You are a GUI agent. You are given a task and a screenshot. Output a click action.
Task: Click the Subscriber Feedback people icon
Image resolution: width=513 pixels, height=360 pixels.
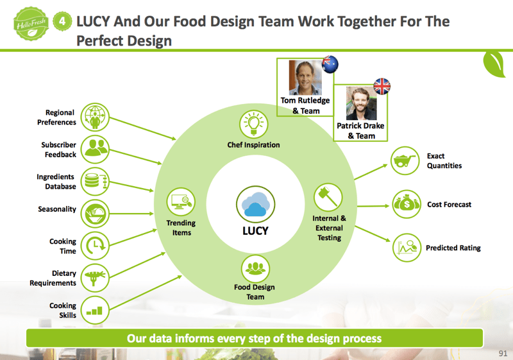[x=94, y=149]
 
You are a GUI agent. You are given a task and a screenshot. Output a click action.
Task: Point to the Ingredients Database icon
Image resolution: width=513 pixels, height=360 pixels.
[x=94, y=181]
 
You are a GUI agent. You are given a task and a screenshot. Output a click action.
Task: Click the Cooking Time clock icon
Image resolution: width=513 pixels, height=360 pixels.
[x=94, y=245]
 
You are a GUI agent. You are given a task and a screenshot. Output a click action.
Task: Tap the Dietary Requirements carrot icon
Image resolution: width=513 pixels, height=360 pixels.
[x=94, y=277]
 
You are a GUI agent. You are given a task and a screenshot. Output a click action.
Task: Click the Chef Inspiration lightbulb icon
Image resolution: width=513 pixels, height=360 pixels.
[x=253, y=123]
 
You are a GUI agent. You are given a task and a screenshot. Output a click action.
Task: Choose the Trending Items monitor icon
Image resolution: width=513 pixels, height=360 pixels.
[x=181, y=203]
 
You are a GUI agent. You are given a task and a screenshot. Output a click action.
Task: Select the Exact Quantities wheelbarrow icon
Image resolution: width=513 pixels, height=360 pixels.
[x=406, y=160]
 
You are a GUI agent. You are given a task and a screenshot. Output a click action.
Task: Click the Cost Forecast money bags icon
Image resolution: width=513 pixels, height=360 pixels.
[x=407, y=205]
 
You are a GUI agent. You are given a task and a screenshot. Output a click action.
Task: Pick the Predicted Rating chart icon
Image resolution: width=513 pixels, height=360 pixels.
[x=407, y=248]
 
